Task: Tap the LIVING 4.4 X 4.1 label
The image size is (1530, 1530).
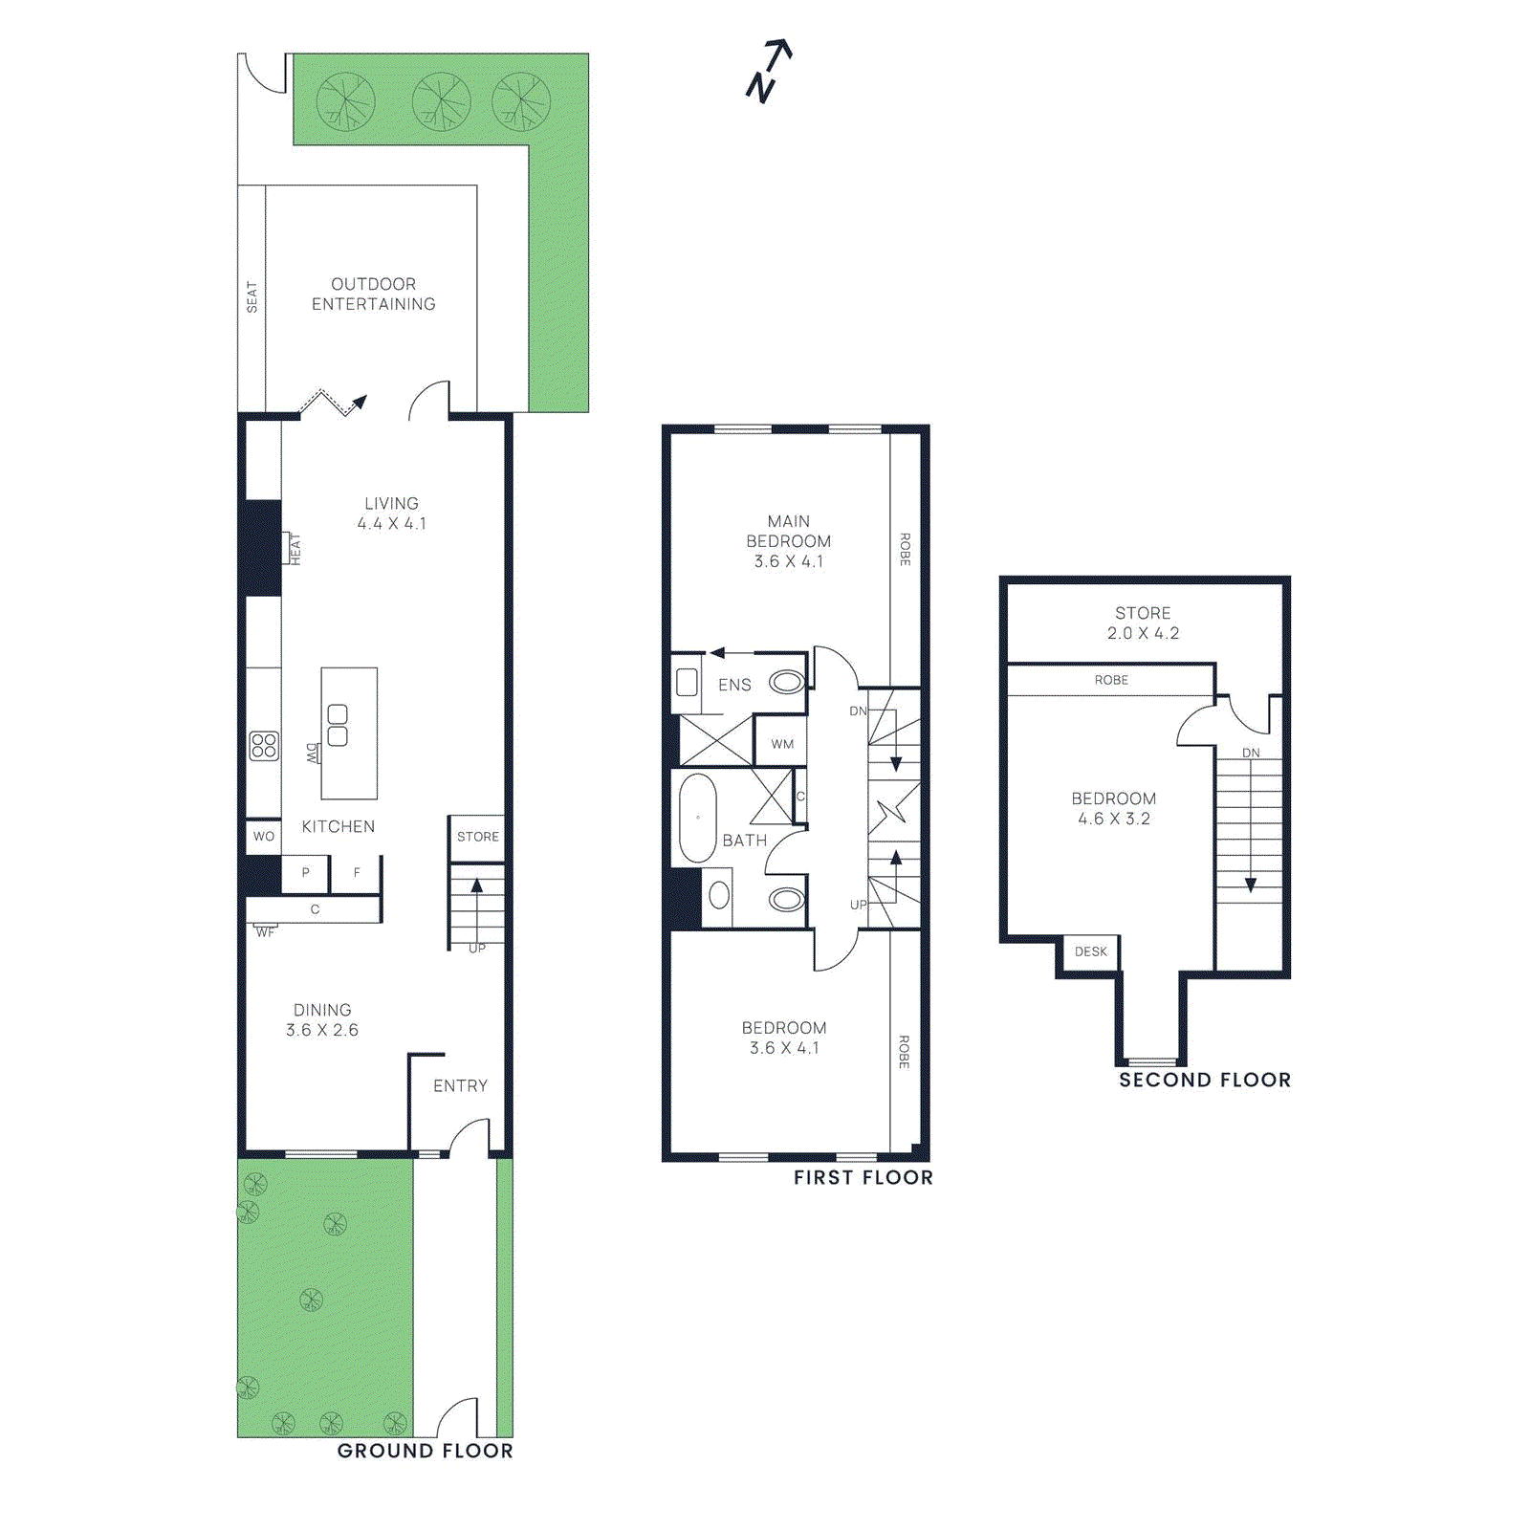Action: (x=391, y=514)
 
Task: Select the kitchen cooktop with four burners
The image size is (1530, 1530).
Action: (x=264, y=746)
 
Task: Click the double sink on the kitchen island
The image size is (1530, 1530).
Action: (x=338, y=725)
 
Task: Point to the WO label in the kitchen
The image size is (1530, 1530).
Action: (x=264, y=837)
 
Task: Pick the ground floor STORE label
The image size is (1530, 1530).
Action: (x=477, y=837)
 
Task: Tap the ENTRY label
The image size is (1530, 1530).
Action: (x=460, y=1086)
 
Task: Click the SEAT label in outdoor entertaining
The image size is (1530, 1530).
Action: (x=251, y=296)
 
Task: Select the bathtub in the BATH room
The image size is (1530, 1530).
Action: (x=698, y=819)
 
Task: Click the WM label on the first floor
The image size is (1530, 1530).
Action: (x=782, y=744)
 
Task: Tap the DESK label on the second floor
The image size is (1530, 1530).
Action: (x=1090, y=951)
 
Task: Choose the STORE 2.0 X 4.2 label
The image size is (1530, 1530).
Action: (x=1143, y=623)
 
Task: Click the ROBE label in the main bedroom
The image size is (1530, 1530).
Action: (x=905, y=549)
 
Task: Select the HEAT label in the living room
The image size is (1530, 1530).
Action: (x=295, y=549)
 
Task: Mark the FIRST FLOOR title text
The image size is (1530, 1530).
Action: (x=863, y=1178)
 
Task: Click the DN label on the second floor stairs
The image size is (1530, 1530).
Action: (x=1251, y=753)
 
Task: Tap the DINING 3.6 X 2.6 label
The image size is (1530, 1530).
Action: (x=322, y=1020)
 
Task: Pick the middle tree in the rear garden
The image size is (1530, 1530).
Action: (x=441, y=101)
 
